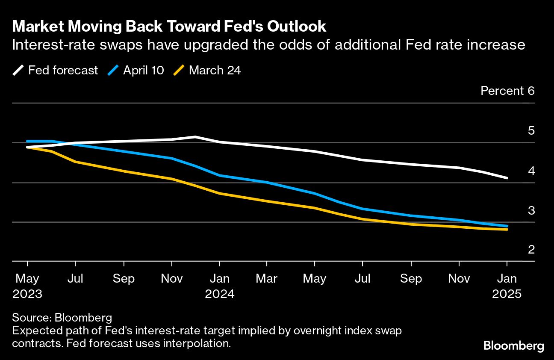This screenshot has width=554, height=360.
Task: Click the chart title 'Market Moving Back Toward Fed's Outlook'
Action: coord(169,27)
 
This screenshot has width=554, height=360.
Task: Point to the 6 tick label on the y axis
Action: coord(531,91)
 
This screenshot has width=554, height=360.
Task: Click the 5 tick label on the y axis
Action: coord(531,131)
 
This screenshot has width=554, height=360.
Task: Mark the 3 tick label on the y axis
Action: coord(531,210)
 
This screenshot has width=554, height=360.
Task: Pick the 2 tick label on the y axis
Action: coord(531,250)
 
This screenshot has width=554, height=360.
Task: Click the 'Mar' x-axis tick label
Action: coord(267,279)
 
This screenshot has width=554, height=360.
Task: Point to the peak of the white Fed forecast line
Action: coord(195,137)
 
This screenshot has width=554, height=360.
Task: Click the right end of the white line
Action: coord(507,178)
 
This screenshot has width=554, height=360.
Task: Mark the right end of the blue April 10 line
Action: coord(507,226)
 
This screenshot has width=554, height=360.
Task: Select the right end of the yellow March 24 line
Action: coord(507,230)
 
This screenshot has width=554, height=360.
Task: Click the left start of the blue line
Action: coord(27,141)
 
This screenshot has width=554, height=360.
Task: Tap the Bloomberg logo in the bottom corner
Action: coord(513,346)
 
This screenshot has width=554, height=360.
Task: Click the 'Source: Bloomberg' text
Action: coord(62,318)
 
